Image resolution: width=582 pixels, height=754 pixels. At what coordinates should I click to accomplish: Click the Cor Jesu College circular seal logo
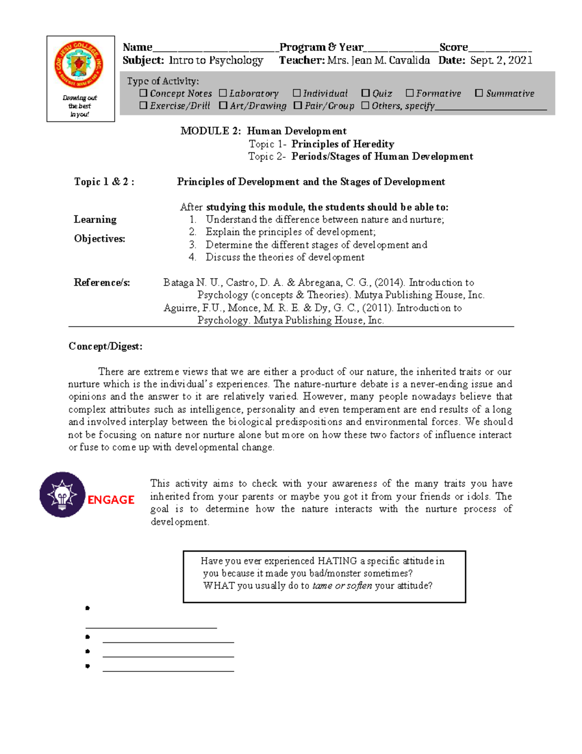coord(79,64)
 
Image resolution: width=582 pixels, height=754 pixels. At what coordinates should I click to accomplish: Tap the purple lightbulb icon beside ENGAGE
coord(62,495)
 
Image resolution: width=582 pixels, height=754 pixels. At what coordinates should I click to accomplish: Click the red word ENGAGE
coord(111,500)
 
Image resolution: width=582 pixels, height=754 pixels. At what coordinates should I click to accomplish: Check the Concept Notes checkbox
coord(143,93)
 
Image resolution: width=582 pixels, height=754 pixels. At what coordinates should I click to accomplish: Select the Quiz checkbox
coord(366,93)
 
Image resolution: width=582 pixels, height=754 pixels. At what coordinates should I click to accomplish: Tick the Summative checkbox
coord(479,93)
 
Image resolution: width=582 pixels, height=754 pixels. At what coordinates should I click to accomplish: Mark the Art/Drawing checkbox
coord(223,105)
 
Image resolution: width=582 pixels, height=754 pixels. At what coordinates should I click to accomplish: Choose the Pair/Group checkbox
coord(298,105)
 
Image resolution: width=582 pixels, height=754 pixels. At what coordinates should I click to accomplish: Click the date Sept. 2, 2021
coord(501,60)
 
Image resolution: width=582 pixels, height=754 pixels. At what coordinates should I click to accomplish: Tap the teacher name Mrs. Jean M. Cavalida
coord(378,60)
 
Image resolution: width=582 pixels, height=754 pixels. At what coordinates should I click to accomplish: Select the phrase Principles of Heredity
coord(342,144)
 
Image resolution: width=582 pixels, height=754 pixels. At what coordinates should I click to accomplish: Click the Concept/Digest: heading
coord(105,346)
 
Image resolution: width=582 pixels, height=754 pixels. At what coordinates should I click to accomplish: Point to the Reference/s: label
coord(102,283)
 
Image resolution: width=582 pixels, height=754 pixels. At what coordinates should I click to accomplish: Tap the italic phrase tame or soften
coord(342,586)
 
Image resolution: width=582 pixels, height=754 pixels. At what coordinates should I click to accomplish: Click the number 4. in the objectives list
coord(193,257)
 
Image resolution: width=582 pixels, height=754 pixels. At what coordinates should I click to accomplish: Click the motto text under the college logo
coord(80,106)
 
